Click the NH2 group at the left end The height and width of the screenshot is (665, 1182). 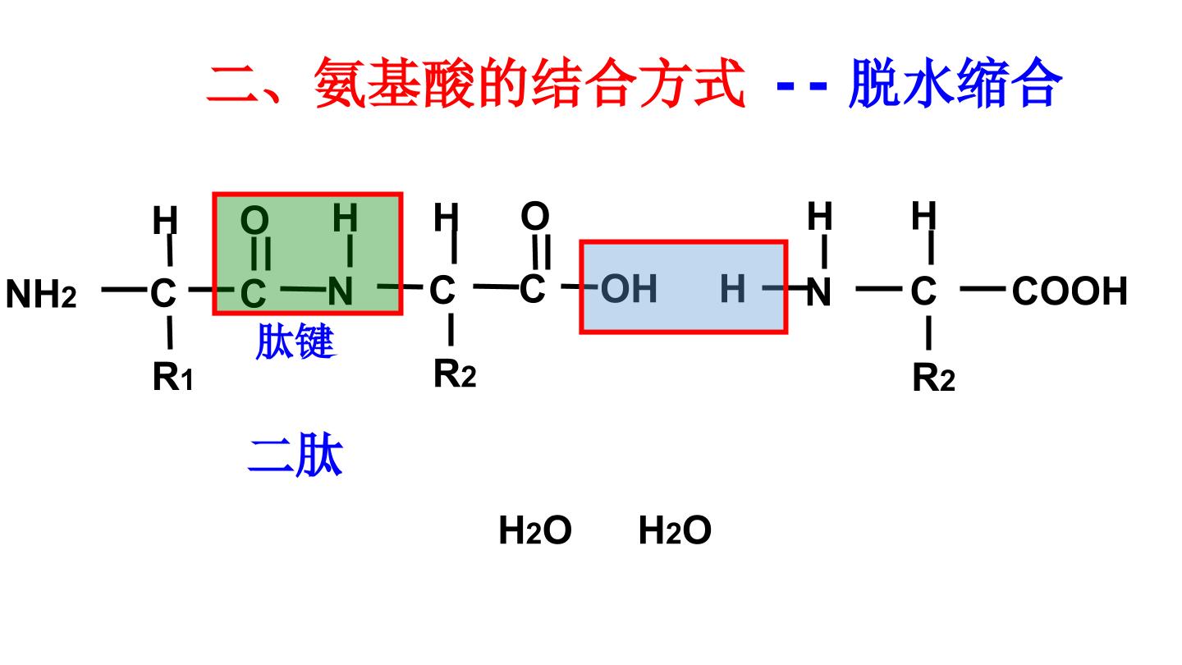41,293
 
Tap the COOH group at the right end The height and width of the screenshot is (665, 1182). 1070,291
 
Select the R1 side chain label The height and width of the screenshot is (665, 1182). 172,376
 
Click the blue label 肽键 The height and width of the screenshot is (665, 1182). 295,342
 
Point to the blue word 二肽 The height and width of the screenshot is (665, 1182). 295,455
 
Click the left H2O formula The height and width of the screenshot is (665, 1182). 535,530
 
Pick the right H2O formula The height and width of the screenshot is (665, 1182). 675,530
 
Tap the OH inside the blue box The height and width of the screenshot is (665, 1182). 629,289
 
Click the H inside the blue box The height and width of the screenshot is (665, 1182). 732,289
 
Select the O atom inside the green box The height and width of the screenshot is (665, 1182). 254,219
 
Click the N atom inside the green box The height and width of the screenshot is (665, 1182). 341,291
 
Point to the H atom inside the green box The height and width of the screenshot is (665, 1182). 345,218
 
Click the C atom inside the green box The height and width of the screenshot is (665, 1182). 253,293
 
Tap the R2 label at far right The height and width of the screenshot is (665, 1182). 933,378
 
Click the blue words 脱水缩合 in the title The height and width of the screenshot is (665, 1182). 955,83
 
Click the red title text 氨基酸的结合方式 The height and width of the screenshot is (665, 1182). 529,83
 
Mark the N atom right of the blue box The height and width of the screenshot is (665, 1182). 818,292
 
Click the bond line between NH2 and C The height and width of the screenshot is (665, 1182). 124,289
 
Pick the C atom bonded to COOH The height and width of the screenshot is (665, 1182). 923,291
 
